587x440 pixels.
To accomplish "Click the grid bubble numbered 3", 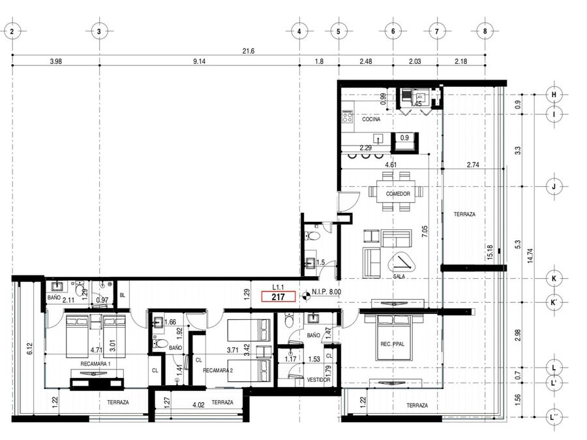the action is point(99,31).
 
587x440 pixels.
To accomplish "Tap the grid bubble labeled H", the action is point(554,95).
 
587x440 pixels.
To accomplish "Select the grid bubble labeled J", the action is point(554,186).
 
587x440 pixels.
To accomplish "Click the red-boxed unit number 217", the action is point(278,297).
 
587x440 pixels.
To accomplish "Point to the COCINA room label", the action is point(371,119).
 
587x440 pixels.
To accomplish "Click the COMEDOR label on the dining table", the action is point(398,194).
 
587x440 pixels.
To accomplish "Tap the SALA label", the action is point(399,276).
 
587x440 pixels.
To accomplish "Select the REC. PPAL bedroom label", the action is point(393,343).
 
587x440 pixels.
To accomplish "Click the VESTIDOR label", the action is point(318,380).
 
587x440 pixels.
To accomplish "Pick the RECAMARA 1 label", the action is point(95,364).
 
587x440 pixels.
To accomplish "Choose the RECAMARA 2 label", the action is point(218,370).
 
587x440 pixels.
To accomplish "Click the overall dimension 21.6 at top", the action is point(248,51).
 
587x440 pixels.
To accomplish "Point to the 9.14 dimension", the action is point(199,61).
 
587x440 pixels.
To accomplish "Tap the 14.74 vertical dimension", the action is point(530,256).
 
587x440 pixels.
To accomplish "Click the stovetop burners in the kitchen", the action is point(347,116).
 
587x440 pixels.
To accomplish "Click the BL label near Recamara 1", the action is point(123,295).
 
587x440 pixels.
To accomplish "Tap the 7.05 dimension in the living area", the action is point(424,231).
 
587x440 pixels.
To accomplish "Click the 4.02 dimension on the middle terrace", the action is point(198,405).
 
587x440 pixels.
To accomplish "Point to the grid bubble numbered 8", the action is point(485,31).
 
